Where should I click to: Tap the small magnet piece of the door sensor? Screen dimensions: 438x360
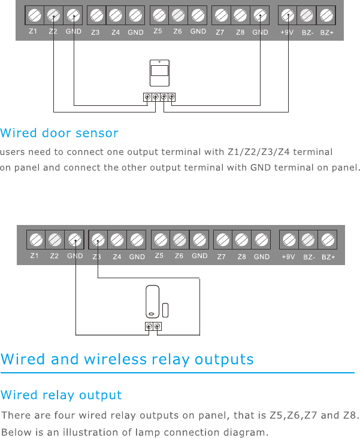(x=165, y=309)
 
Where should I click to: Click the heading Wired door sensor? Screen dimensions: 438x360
(x=59, y=133)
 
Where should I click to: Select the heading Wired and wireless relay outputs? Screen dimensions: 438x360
(x=127, y=360)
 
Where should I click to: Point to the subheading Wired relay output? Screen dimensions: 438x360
(x=61, y=396)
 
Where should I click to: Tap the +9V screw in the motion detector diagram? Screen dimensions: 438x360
(x=288, y=14)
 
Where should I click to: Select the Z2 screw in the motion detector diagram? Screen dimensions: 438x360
(x=53, y=14)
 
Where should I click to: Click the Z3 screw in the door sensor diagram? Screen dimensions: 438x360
(x=98, y=240)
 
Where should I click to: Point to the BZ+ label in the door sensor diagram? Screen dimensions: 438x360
(x=328, y=257)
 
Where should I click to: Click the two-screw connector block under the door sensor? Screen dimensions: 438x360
(x=153, y=326)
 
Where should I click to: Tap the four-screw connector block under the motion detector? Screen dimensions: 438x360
(x=159, y=97)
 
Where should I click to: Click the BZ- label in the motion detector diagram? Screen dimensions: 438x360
(x=307, y=32)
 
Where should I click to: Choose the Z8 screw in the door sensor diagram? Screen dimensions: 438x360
(x=242, y=240)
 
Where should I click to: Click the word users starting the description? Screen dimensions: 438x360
(x=13, y=152)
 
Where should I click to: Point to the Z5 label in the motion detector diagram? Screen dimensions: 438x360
(x=158, y=32)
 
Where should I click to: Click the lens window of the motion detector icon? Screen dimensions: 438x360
(x=159, y=71)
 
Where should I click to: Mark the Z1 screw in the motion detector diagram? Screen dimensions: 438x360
(x=34, y=14)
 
